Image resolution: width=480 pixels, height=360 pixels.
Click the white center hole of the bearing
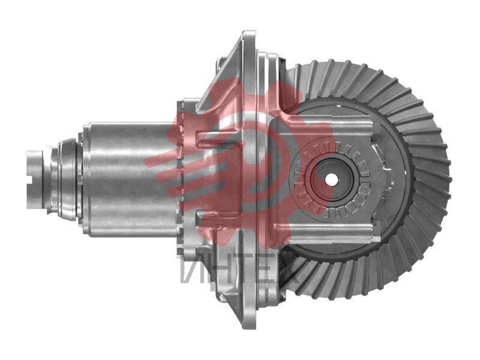(331, 179)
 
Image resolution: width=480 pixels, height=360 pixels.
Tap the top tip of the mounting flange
(248, 32)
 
